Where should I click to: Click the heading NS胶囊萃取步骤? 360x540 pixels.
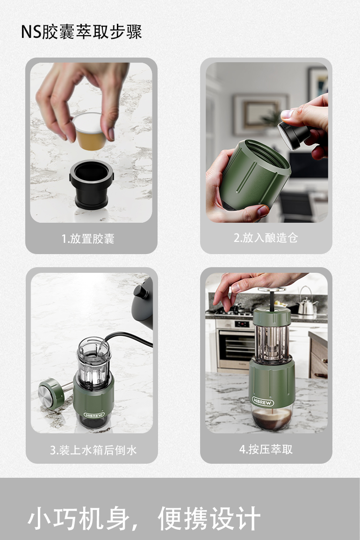click(x=81, y=32)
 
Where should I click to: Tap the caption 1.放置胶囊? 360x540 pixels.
click(x=88, y=238)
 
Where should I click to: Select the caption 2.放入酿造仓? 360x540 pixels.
click(x=266, y=238)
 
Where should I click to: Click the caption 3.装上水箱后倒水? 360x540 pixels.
click(x=93, y=450)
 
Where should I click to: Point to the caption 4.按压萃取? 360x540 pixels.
click(x=266, y=449)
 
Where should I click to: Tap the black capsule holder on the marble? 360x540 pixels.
click(x=91, y=184)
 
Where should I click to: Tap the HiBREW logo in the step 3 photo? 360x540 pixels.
click(x=94, y=415)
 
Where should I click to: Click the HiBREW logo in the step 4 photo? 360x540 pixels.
click(x=263, y=401)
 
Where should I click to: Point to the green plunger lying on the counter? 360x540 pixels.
click(x=55, y=392)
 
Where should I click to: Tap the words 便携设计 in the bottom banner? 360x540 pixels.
click(x=209, y=518)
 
